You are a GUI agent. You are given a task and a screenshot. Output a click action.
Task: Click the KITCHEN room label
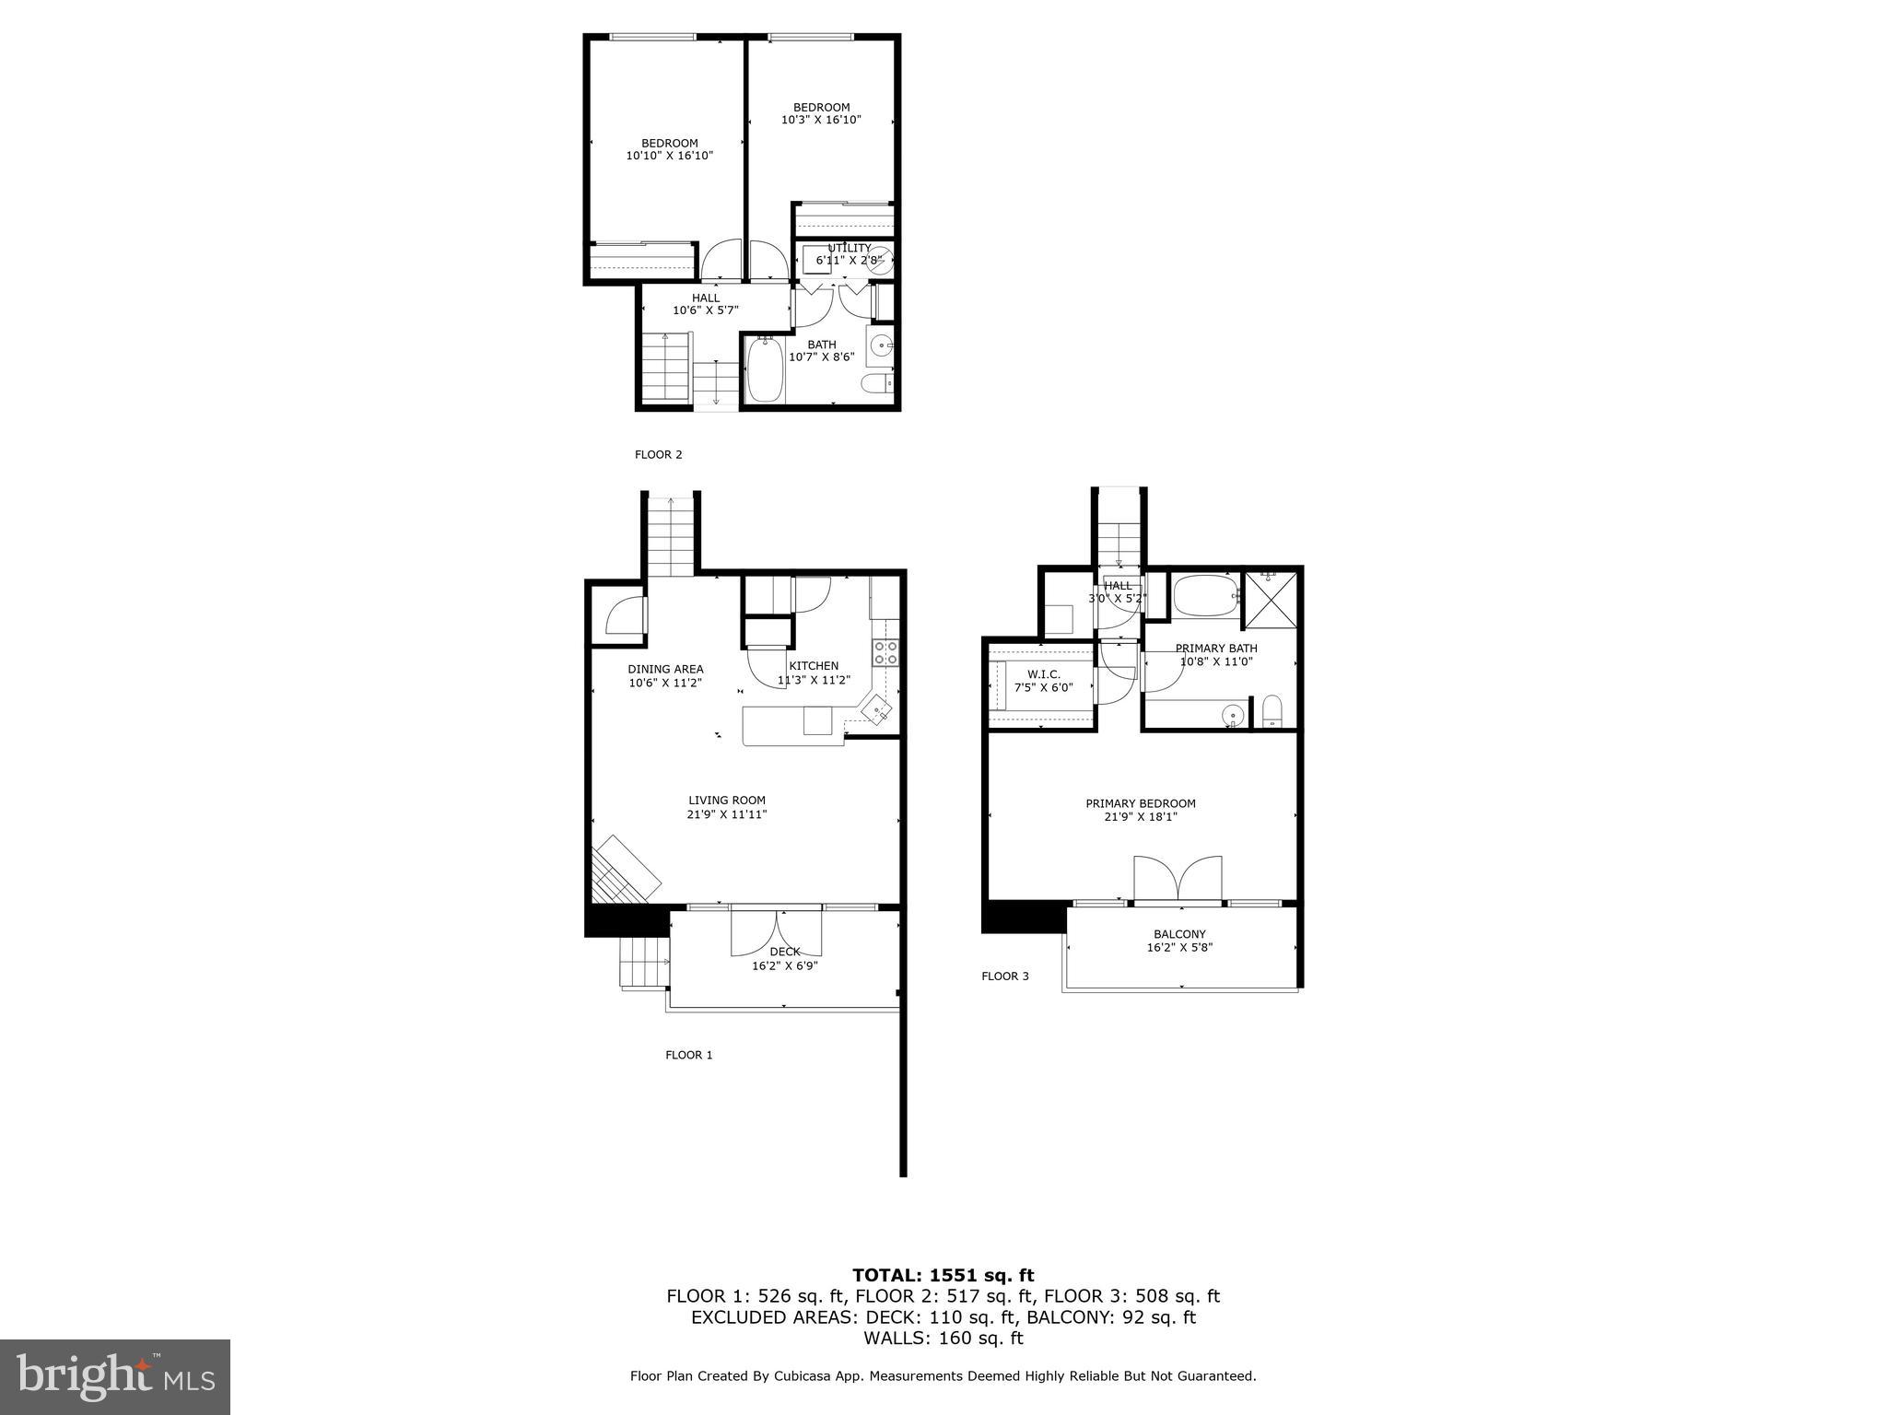click(x=814, y=666)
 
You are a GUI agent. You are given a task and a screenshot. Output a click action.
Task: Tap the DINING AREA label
click(x=665, y=670)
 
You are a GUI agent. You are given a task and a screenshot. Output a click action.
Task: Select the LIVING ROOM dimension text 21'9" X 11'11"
click(x=727, y=814)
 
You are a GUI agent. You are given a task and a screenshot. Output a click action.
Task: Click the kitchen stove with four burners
click(x=885, y=653)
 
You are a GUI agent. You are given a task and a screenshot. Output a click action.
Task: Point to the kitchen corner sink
click(x=877, y=710)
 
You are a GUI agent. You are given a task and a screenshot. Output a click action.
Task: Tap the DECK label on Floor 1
click(x=785, y=952)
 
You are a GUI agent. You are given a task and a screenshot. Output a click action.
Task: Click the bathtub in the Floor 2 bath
click(x=765, y=370)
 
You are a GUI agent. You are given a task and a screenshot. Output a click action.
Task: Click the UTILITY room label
click(x=849, y=248)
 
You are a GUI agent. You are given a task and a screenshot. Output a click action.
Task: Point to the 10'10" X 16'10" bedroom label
click(x=670, y=149)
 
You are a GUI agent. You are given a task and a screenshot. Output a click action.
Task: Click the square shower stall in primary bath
click(x=1271, y=601)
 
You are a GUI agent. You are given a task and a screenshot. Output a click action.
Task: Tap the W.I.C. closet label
click(x=1043, y=675)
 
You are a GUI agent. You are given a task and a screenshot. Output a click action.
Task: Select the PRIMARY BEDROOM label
click(x=1141, y=803)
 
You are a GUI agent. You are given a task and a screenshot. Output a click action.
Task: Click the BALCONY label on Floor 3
click(x=1179, y=934)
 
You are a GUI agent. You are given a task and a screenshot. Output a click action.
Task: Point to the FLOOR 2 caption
click(x=658, y=454)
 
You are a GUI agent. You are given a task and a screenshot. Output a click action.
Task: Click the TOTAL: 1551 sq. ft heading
click(x=943, y=1275)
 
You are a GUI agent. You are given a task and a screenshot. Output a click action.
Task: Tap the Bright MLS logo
click(x=115, y=1376)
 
